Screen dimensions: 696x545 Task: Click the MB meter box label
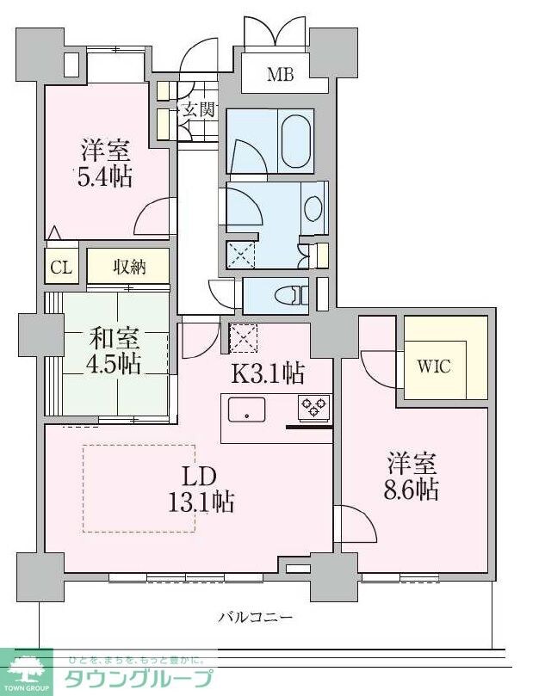coord(280,75)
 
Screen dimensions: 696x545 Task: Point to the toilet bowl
coord(289,295)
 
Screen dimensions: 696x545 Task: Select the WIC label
coord(434,365)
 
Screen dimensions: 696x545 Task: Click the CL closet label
coord(60,268)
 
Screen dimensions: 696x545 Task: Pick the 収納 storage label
coord(128,267)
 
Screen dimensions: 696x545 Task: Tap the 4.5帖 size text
coord(113,364)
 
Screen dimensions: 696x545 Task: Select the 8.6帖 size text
coord(412,490)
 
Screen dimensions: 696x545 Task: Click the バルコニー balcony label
coord(255,617)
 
